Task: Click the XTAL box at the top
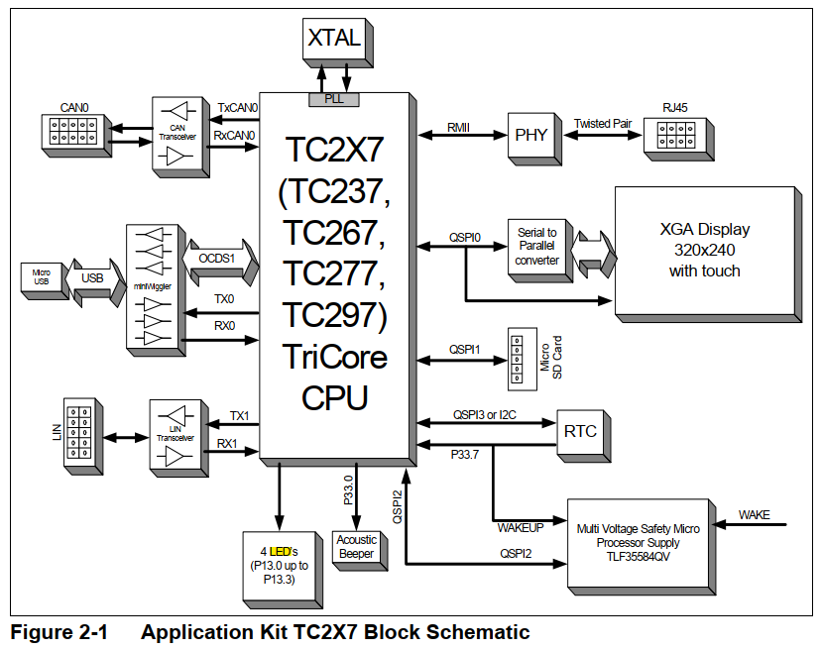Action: [334, 39]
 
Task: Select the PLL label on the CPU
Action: [334, 100]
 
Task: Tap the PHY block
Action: [525, 135]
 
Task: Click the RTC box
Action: [578, 433]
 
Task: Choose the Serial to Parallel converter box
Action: [537, 247]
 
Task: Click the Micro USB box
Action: [41, 278]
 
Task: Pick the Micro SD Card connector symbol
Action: [515, 357]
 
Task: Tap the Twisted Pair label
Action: [603, 124]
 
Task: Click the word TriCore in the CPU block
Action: [334, 355]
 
